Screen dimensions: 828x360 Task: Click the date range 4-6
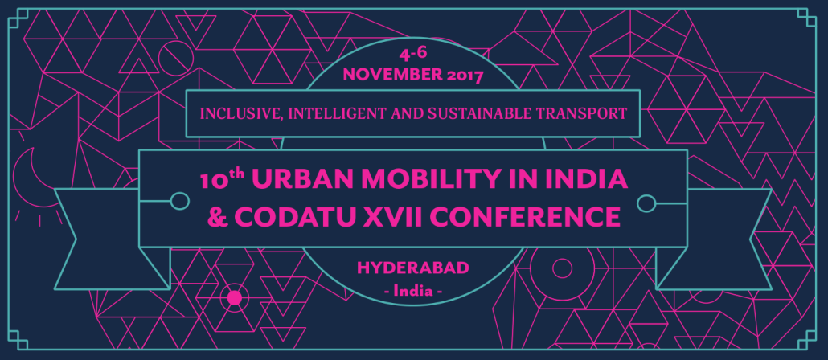pos(413,55)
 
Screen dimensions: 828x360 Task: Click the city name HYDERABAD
pos(413,268)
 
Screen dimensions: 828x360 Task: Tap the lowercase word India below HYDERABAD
pos(413,291)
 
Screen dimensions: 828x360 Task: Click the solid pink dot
pos(235,298)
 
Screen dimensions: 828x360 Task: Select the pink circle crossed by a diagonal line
pos(176,58)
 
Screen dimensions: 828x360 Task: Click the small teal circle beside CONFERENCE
pos(646,202)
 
